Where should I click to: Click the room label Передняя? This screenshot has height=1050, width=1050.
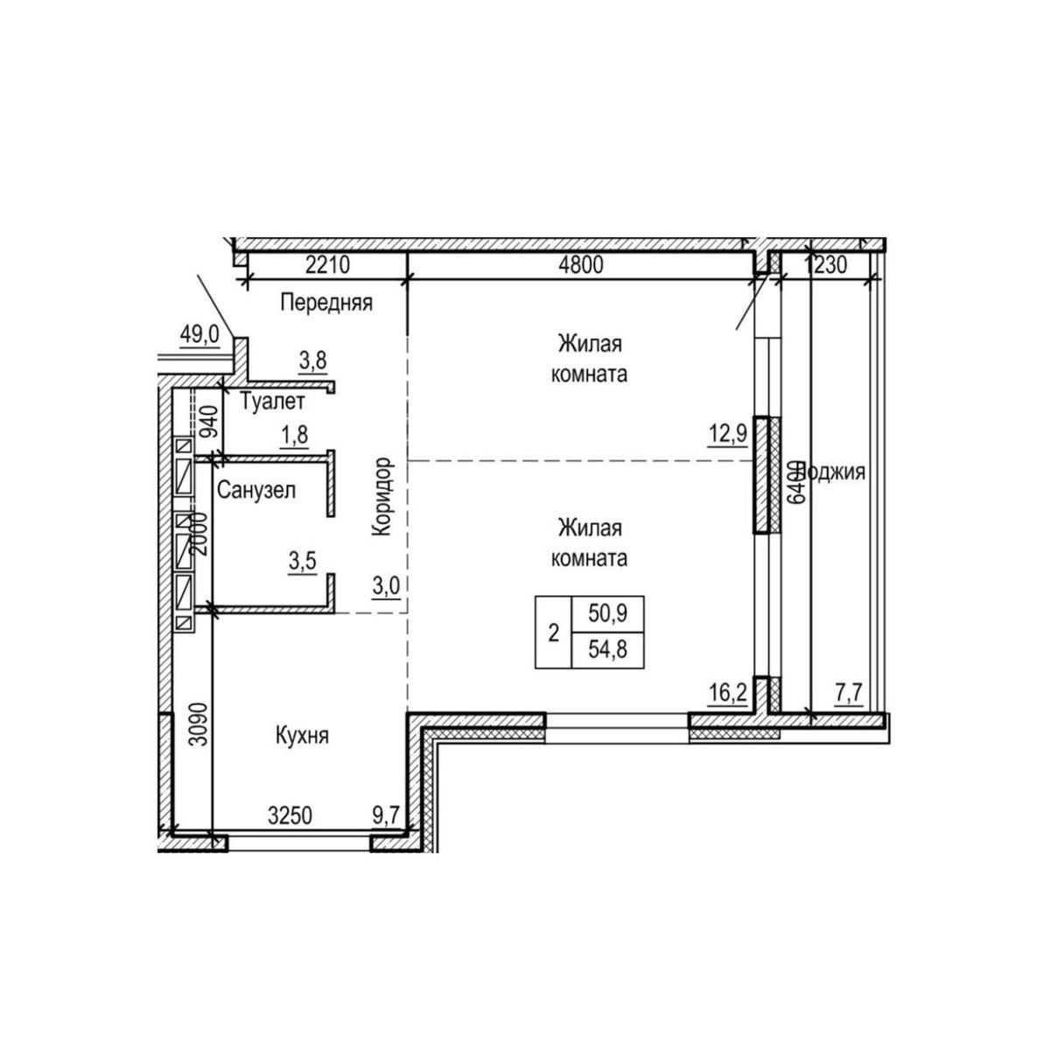pos(326,304)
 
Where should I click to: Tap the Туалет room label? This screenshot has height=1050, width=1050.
pos(272,402)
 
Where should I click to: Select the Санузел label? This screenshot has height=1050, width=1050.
pos(256,490)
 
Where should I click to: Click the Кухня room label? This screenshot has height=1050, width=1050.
pos(300,736)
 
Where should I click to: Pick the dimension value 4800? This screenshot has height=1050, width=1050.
pos(581,265)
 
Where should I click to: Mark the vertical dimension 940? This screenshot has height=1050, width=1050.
pos(209,423)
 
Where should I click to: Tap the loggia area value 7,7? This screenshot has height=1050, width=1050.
pos(849,695)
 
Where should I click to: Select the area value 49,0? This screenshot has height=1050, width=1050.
pos(199,335)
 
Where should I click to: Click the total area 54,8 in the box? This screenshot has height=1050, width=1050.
pos(607,648)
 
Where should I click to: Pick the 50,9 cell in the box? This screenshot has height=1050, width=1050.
pos(607,614)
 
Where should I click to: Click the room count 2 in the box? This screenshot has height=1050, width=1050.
pos(553,633)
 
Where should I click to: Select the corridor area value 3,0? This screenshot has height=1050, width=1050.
pos(385,585)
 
